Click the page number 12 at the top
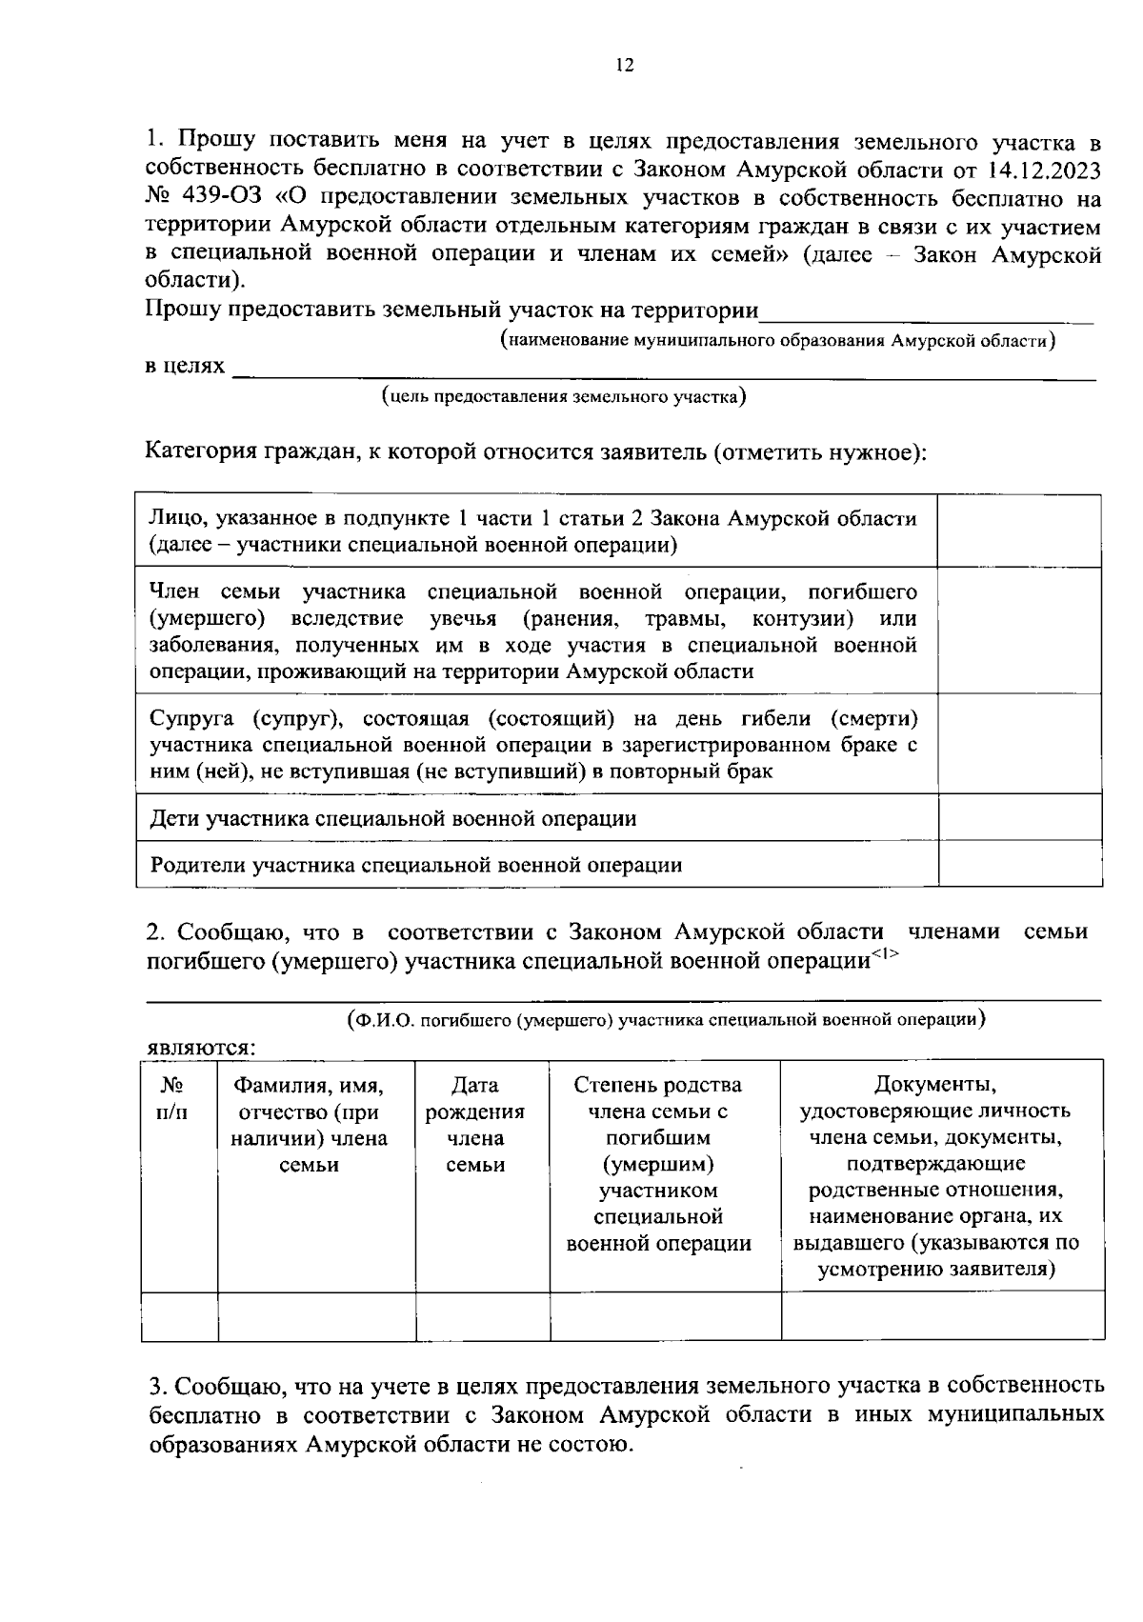625,66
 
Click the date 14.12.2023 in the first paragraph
1042,170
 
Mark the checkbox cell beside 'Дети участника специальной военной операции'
1020,818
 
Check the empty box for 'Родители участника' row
1020,864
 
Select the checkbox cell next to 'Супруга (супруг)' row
1020,744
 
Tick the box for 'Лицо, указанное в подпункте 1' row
1020,531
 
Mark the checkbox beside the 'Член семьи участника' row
1020,631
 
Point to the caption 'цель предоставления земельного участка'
563,397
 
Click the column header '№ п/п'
171,1098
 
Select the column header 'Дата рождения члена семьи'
474,1125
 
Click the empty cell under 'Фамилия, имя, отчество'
316,1316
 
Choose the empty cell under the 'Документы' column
942,1316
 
